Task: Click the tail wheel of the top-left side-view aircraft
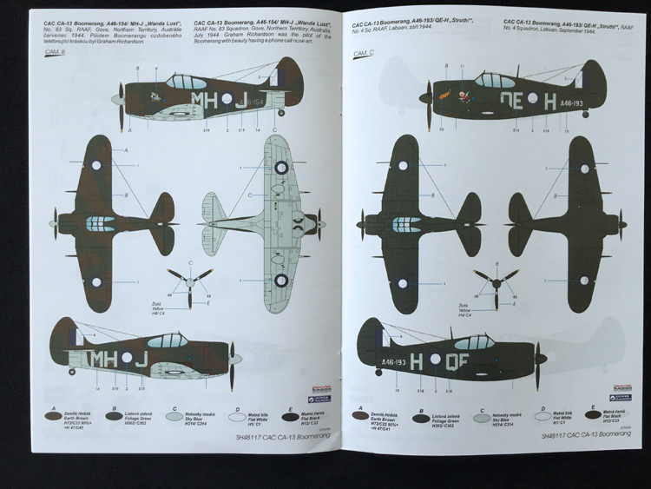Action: coord(280,113)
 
